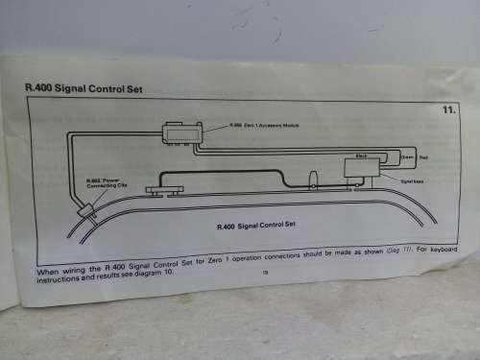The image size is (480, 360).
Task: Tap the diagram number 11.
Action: pos(447,110)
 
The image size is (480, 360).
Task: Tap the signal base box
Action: pos(362,168)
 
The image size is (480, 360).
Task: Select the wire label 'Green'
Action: pos(407,156)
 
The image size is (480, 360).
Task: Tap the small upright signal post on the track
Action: pos(314,180)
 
